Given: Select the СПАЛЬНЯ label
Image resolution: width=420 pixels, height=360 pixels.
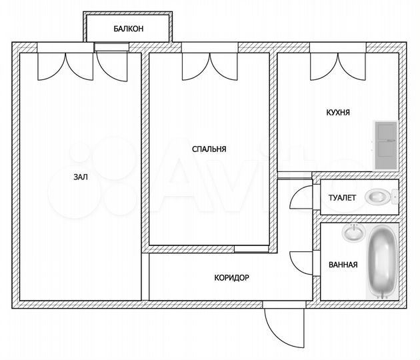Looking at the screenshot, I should (208, 149).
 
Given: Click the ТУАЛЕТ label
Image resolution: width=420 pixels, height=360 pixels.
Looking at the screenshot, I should (342, 198).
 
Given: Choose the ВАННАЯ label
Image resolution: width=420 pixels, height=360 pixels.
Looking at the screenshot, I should (343, 265).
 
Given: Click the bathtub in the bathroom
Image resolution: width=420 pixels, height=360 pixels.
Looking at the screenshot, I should (383, 263).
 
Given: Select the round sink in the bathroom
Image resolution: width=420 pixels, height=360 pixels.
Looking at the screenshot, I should (353, 233).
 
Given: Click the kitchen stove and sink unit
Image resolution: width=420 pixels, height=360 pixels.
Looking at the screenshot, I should (385, 145).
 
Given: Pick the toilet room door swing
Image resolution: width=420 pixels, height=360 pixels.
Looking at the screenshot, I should (301, 197).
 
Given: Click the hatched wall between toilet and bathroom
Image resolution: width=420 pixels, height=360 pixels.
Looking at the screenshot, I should (359, 218).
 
